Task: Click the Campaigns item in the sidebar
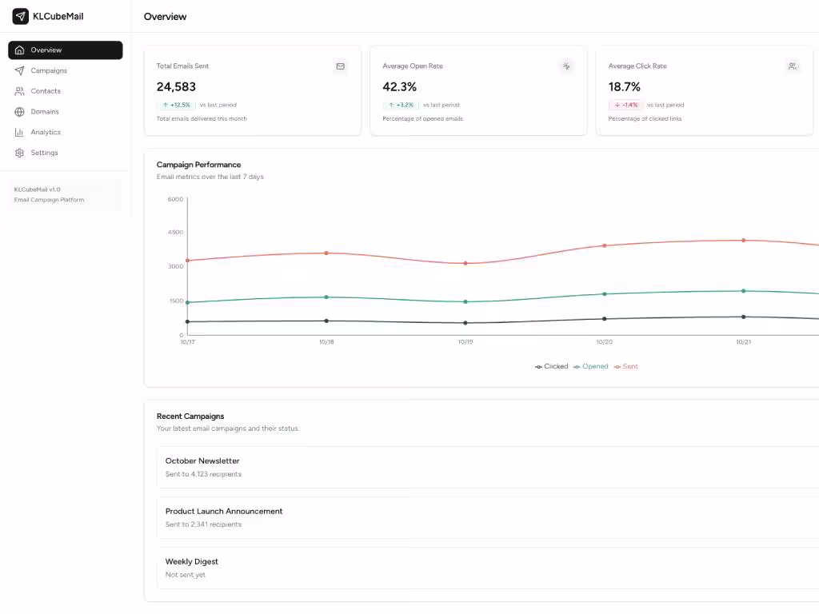tap(48, 70)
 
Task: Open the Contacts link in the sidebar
tap(46, 91)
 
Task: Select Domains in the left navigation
tap(45, 112)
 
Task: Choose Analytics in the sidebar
tap(46, 132)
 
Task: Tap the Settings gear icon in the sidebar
tap(19, 153)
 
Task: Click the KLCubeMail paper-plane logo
tap(20, 16)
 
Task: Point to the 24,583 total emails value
tap(176, 86)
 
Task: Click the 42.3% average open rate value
tap(399, 86)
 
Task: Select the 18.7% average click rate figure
tap(625, 86)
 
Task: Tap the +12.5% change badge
tap(176, 105)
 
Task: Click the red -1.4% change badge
tap(626, 105)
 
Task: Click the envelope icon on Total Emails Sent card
tap(340, 66)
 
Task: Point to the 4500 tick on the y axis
tap(175, 232)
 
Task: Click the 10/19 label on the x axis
tap(465, 342)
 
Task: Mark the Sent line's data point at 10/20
tap(605, 245)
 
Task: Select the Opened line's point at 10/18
tap(326, 297)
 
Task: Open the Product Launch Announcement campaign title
tap(224, 511)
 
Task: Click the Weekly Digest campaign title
tap(192, 561)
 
